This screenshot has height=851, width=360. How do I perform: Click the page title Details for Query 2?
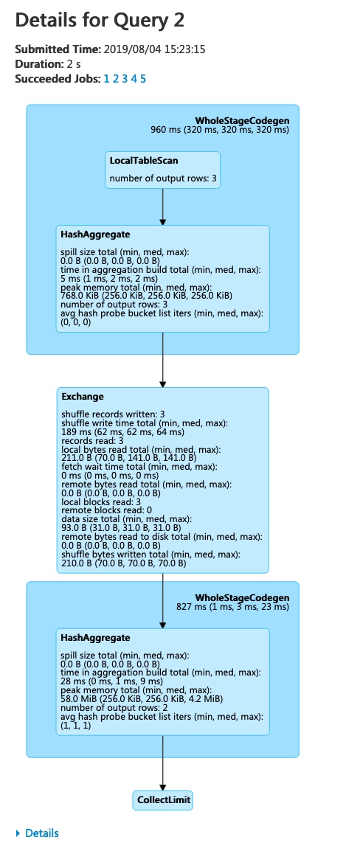click(x=100, y=20)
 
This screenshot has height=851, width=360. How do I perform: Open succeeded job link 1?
click(x=106, y=78)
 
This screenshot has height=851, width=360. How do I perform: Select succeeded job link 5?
click(x=143, y=78)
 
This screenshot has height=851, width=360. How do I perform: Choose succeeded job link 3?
click(x=125, y=78)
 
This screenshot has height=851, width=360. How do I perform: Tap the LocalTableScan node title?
click(x=143, y=160)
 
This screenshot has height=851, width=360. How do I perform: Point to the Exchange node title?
click(x=83, y=397)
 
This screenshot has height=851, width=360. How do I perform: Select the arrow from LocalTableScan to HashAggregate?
click(x=162, y=206)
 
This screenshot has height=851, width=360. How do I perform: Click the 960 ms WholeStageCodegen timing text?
click(x=220, y=130)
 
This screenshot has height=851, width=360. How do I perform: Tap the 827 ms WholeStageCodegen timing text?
click(x=228, y=607)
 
